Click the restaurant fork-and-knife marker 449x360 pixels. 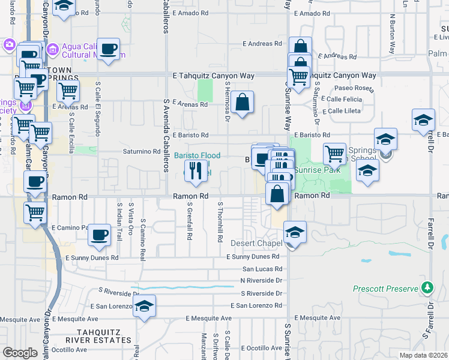pyautogui.click(x=196, y=172)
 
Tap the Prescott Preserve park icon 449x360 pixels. pyautogui.click(x=427, y=289)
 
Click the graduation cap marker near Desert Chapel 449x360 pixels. pyautogui.click(x=295, y=232)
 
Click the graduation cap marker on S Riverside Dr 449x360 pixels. pyautogui.click(x=144, y=307)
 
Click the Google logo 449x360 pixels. pyautogui.click(x=20, y=352)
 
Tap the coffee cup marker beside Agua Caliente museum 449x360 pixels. pyautogui.click(x=108, y=50)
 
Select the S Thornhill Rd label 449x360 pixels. pyautogui.click(x=220, y=223)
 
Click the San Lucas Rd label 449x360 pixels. pyautogui.click(x=262, y=268)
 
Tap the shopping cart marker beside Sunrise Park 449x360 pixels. pyautogui.click(x=335, y=154)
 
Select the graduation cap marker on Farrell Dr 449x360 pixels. pyautogui.click(x=423, y=120)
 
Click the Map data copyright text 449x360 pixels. pyautogui.click(x=424, y=355)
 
